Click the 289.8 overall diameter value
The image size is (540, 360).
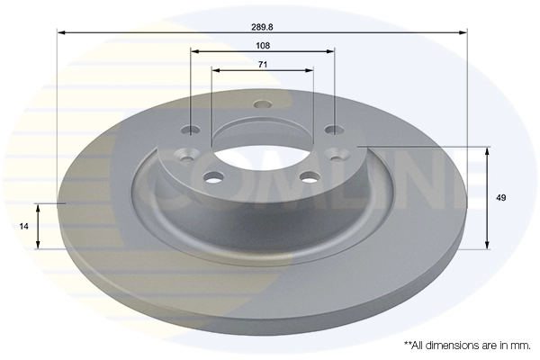click(263, 26)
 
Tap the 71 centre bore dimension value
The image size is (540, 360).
click(263, 64)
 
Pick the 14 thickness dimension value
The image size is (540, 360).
click(24, 228)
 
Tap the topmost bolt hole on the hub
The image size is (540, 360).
click(263, 104)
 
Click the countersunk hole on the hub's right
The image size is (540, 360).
click(338, 154)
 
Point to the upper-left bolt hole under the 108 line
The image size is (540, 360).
click(191, 129)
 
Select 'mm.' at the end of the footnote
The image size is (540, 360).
click(521, 345)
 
